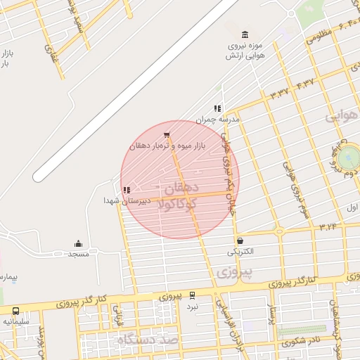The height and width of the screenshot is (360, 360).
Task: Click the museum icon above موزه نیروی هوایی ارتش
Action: pos(245,35)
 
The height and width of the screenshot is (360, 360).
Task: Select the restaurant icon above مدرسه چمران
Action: pos(217,109)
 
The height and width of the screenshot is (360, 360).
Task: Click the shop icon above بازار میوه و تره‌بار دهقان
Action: pos(166,135)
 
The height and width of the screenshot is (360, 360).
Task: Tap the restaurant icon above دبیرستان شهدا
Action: pos(126,190)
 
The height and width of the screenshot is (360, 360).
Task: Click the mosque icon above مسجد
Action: pos(78,244)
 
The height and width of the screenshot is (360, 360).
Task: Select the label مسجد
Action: pos(78,254)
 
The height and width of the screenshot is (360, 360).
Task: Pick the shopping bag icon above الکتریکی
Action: pos(240,240)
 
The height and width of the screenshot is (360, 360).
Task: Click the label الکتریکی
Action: pos(242,251)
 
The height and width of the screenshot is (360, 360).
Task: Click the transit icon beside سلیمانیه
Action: pos(15,311)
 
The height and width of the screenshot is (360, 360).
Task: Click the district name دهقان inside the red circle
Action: pos(182,188)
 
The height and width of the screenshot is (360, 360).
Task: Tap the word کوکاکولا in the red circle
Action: pos(180,205)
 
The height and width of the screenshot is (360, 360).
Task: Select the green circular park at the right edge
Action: pos(349,156)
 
